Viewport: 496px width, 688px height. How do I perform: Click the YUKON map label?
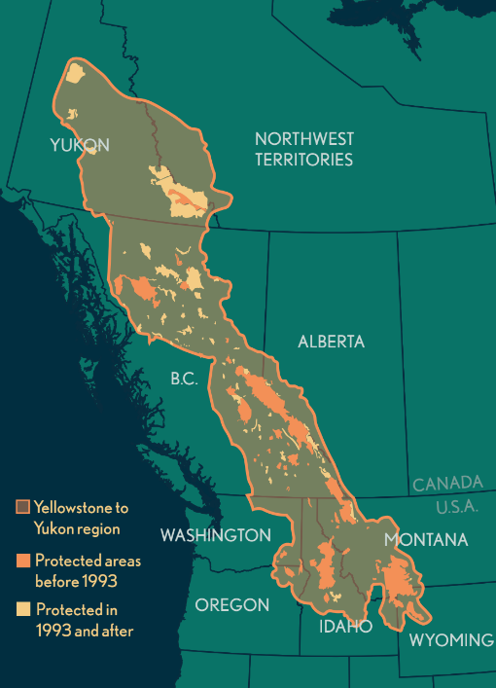point(80,145)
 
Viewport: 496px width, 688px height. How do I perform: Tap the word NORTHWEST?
point(303,138)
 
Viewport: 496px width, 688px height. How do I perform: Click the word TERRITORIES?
point(303,160)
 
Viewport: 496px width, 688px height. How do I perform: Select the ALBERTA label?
point(332,342)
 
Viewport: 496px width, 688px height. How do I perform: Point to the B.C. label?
point(184,379)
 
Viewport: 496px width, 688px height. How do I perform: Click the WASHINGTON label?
point(215,535)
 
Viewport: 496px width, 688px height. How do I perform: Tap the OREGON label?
point(231,604)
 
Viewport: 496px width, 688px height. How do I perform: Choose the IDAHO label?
point(345,626)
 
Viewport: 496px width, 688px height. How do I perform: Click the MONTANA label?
point(426,539)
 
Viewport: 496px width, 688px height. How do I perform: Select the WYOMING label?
point(450,639)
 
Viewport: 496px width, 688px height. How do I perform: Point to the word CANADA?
point(447,483)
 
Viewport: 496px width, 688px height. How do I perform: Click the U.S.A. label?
point(458,507)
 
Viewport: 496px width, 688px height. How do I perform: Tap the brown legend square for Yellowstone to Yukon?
point(22,508)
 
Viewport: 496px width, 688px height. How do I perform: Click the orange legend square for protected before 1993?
point(22,561)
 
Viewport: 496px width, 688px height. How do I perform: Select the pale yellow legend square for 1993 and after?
point(22,610)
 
